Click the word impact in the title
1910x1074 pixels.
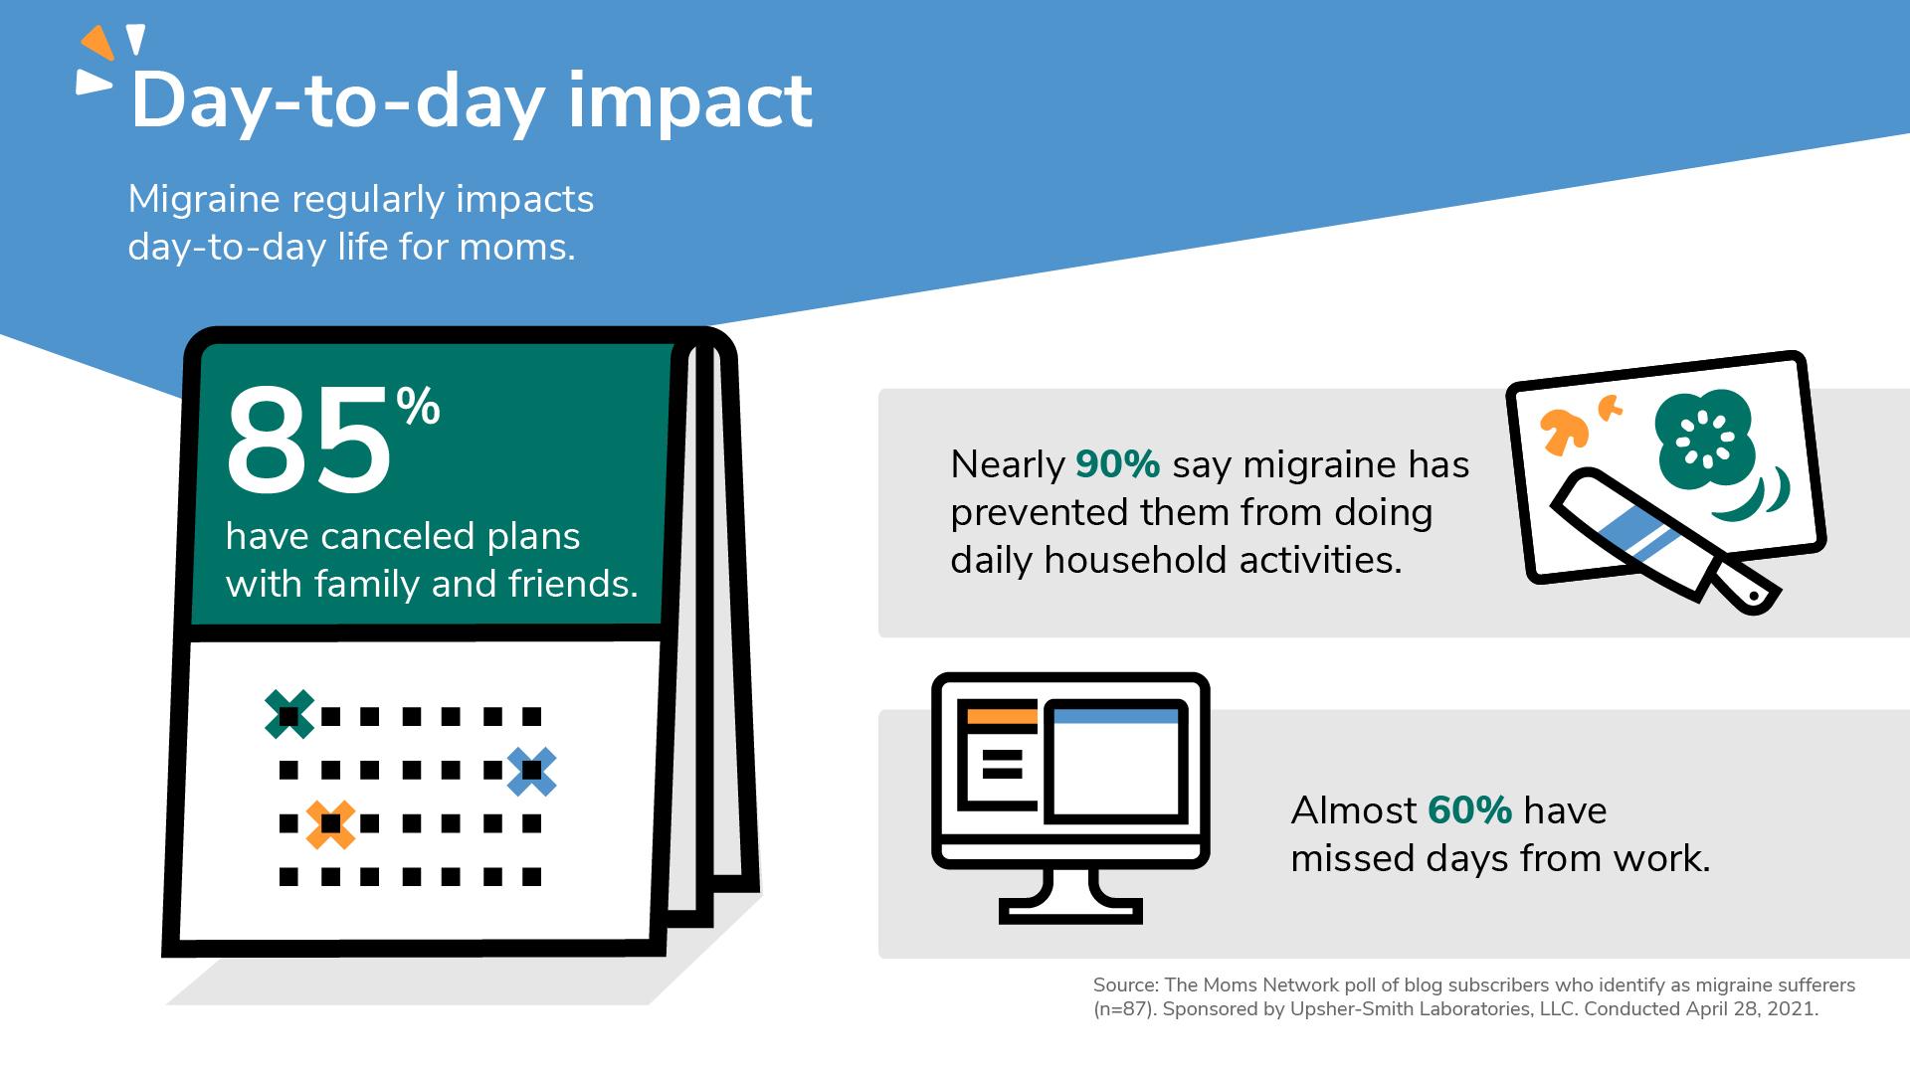coord(690,103)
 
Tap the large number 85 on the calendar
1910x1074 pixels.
coord(308,443)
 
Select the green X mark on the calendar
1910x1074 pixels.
coord(289,714)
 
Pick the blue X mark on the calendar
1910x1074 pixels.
coord(531,771)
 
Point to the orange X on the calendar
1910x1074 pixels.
coord(330,824)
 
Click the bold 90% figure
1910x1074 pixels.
coord(1118,464)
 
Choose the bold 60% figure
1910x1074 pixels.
coord(1470,810)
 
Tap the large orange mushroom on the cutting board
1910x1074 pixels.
coord(1564,431)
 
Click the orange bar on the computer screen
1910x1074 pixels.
coord(1002,716)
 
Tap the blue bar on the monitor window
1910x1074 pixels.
coord(1115,716)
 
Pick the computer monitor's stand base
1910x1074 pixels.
coord(1070,911)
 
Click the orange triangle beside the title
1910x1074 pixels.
coord(97,43)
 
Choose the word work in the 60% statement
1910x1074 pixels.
coord(1661,858)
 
